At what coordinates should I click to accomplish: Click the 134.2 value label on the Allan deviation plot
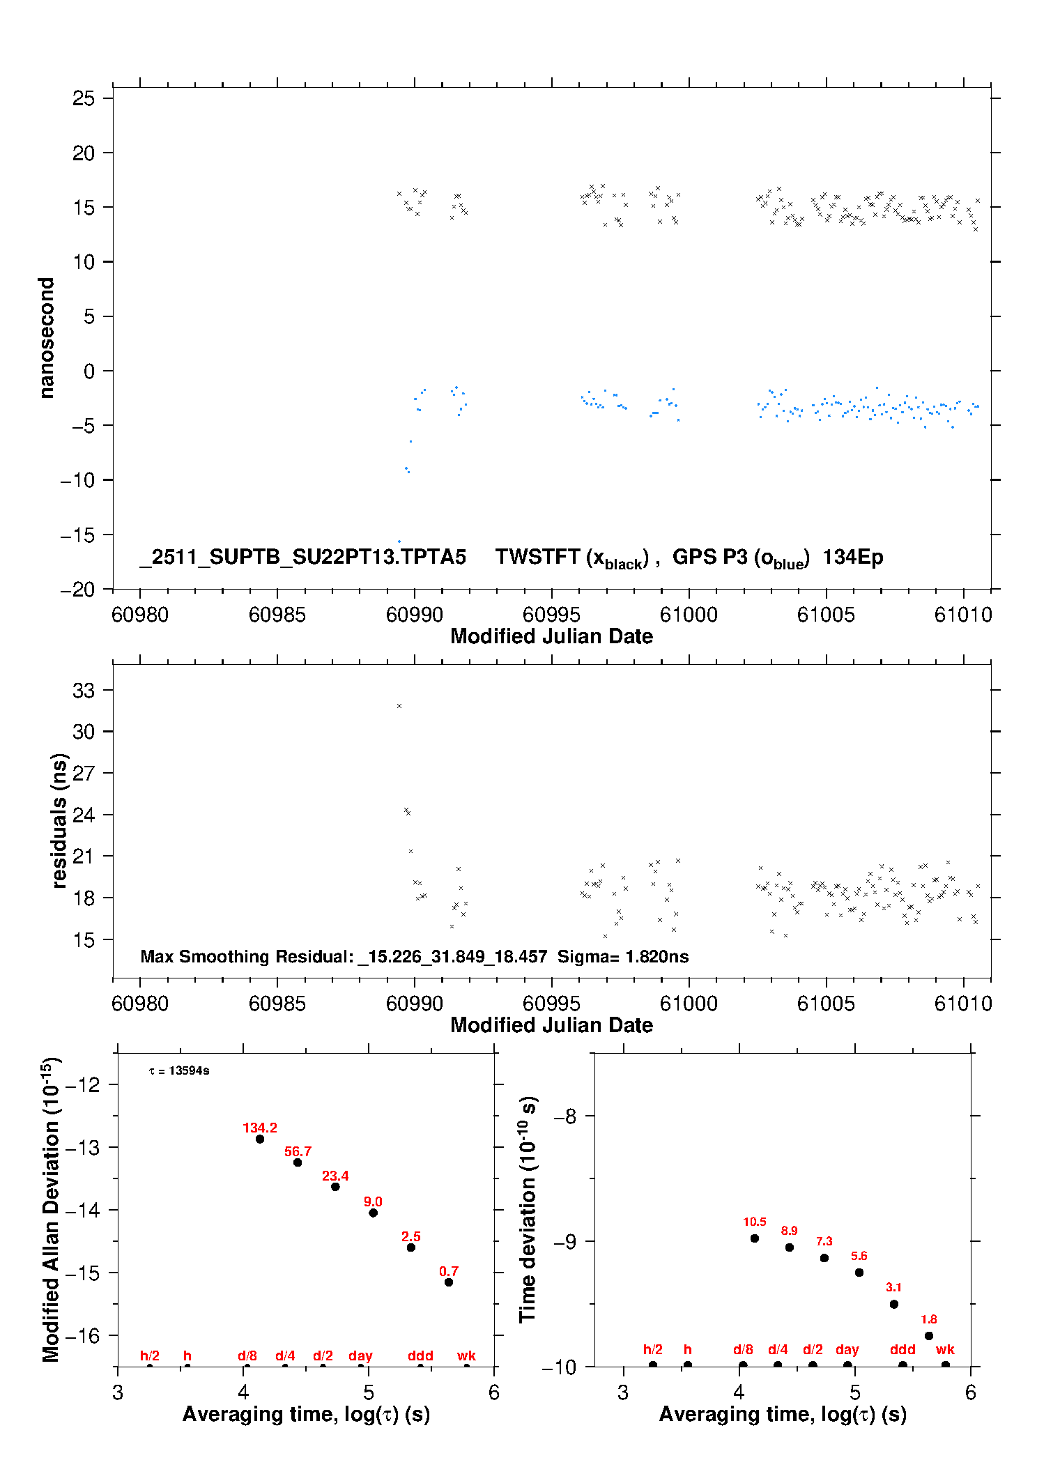[x=259, y=1128]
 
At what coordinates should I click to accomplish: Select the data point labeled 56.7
[x=298, y=1162]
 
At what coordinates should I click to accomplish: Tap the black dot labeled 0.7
[x=449, y=1282]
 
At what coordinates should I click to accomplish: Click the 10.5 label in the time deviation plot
[x=754, y=1222]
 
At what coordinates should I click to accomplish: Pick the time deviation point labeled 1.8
[x=929, y=1336]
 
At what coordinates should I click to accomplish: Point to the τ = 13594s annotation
[x=179, y=1071]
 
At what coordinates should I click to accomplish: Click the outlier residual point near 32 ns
[x=399, y=706]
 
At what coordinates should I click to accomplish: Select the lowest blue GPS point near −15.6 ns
[x=399, y=542]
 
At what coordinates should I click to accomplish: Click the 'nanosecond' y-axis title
[x=47, y=338]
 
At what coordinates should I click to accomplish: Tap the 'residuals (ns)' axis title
[x=60, y=820]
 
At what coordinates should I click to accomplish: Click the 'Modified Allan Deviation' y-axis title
[x=50, y=1209]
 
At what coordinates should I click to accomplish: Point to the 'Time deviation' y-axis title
[x=528, y=1209]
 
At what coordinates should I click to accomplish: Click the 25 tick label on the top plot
[x=84, y=98]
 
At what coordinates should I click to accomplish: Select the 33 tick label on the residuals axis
[x=84, y=691]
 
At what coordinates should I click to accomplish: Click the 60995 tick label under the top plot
[x=551, y=615]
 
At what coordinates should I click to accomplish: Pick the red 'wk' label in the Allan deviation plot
[x=466, y=1356]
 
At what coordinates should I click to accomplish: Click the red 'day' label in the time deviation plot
[x=847, y=1350]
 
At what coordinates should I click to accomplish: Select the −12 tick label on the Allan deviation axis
[x=85, y=1084]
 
